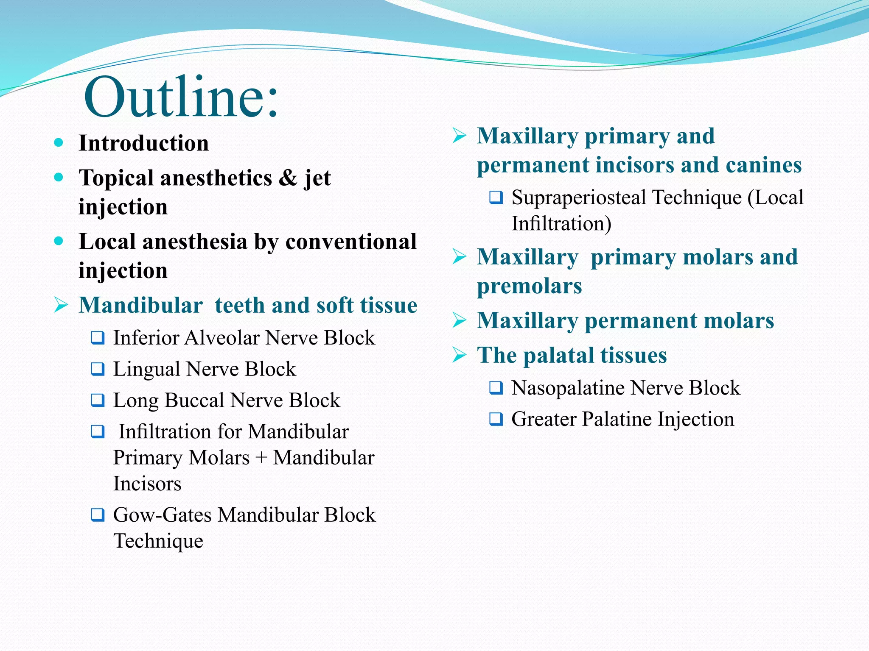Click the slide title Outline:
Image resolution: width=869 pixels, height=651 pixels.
(181, 97)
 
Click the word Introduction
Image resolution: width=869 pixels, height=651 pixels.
(143, 143)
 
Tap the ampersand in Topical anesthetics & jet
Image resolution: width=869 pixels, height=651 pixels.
(288, 178)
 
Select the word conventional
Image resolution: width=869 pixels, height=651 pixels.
(351, 242)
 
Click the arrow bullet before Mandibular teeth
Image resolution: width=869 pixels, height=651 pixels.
(61, 305)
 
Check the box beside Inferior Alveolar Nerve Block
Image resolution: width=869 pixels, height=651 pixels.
(98, 338)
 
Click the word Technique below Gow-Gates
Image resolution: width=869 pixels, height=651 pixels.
(158, 541)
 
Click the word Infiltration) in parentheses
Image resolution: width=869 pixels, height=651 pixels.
(561, 224)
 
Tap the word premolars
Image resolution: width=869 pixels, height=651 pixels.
(529, 286)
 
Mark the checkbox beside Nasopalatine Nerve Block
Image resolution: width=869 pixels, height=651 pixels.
(496, 388)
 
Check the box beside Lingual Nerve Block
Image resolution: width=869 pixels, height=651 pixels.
(98, 369)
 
